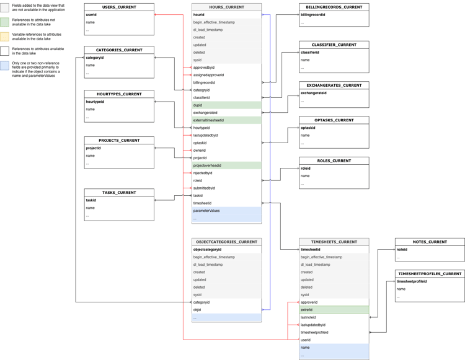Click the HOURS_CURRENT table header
[226, 7]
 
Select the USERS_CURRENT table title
[119, 7]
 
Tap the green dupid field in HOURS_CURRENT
[226, 105]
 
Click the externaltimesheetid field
[226, 120]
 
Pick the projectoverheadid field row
[226, 165]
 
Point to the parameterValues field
[226, 211]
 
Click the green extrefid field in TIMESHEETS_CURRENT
[334, 310]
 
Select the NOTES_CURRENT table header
[430, 242]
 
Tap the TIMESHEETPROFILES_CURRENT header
[430, 273]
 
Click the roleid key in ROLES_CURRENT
[306, 168]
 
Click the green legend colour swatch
[5, 22]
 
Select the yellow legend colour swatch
[5, 37]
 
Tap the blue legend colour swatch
[5, 66]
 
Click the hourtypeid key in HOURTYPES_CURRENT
[95, 102]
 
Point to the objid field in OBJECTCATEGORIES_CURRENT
[197, 310]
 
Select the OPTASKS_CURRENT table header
[334, 120]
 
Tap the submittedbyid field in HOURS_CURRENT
[205, 188]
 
